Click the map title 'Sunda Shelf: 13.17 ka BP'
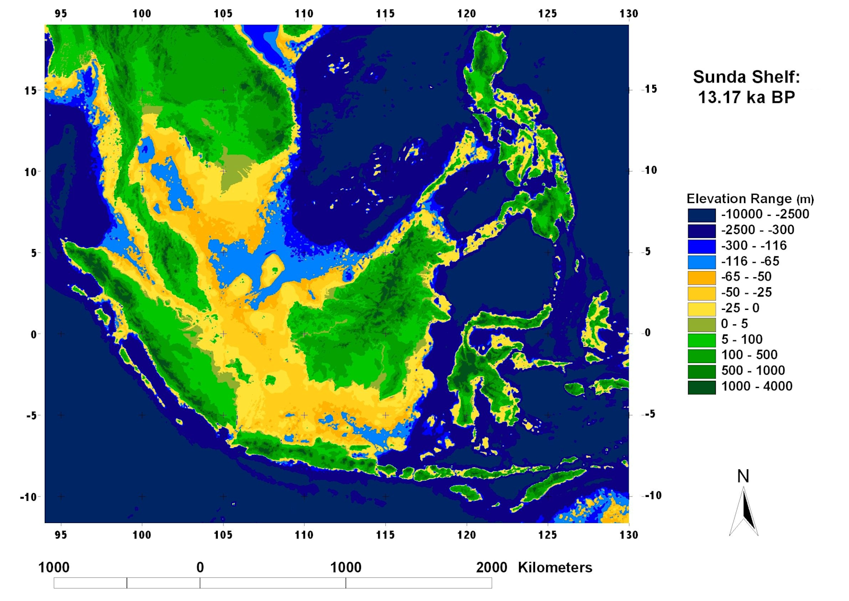point(746,87)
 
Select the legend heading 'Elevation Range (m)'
point(750,199)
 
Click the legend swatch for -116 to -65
point(701,262)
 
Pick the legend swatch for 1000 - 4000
point(701,387)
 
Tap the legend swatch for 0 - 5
point(701,324)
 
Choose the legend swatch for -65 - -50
point(701,277)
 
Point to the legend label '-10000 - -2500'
point(764,214)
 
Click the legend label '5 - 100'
point(741,339)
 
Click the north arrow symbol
point(744,512)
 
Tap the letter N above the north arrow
point(743,476)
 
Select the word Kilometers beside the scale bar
point(555,567)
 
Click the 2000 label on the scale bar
point(491,567)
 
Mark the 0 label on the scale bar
point(200,567)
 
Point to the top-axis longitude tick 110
point(304,13)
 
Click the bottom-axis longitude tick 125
point(547,535)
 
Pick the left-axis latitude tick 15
point(30,91)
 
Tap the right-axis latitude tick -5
point(650,414)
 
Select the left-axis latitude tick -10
point(28,497)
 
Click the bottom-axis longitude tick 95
point(61,535)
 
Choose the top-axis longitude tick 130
point(628,13)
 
